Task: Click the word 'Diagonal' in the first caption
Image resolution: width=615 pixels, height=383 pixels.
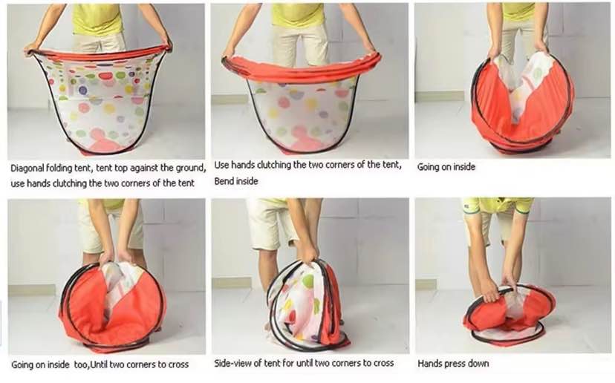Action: (x=27, y=168)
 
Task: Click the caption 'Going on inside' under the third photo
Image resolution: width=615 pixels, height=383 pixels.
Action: (x=446, y=167)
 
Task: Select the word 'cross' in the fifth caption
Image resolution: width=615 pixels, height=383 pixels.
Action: (x=383, y=363)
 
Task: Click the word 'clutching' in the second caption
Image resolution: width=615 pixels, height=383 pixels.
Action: (x=273, y=165)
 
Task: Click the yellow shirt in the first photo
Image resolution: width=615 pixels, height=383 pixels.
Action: (x=97, y=19)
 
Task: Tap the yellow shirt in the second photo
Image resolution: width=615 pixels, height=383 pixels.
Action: (x=298, y=16)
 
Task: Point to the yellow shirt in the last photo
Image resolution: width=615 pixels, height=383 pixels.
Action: (x=498, y=206)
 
